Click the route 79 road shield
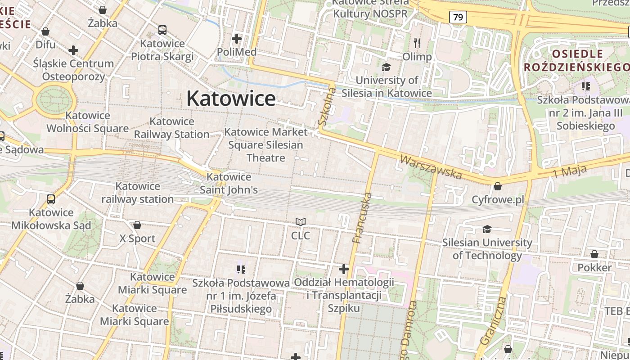point(458,18)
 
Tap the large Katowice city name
point(231,98)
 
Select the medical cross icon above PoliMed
point(237,39)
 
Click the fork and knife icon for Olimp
point(417,43)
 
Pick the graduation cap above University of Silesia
point(386,67)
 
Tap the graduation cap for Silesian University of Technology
point(487,229)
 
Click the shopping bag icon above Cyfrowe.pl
point(498,186)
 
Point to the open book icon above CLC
point(300,222)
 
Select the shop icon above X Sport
point(137,225)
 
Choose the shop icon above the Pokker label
point(594,255)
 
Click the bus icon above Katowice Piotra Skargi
point(162,30)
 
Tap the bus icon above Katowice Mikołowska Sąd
point(51,199)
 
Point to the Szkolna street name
point(327,107)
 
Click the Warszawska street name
point(431,166)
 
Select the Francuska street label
point(363,218)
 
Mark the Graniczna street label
point(493,320)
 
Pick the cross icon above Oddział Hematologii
point(344,269)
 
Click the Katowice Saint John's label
point(229,183)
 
